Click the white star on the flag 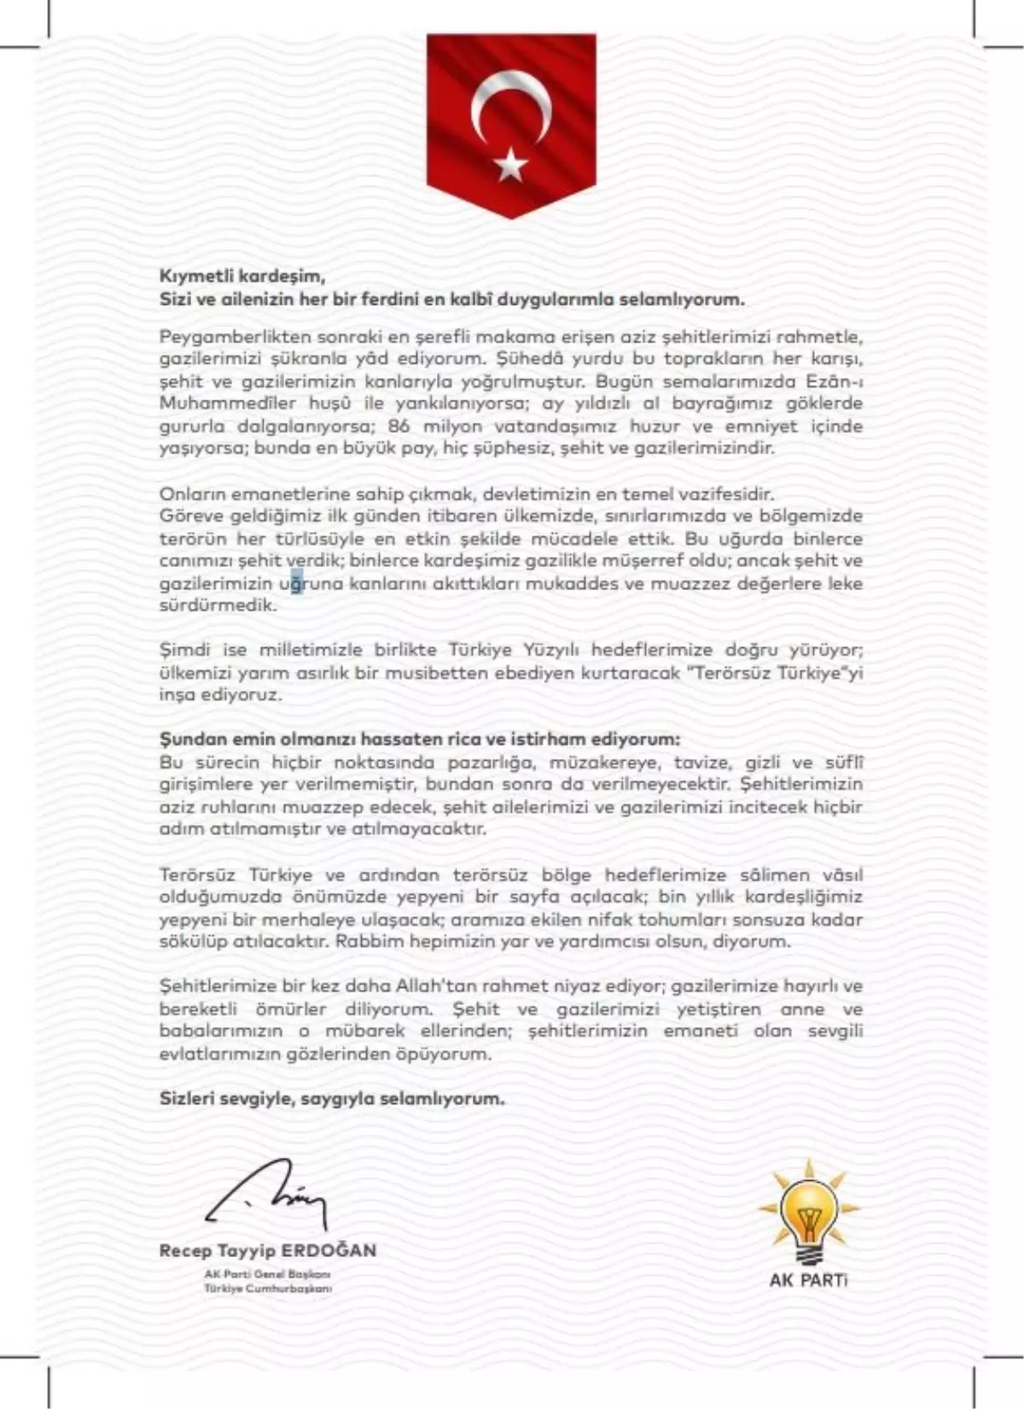(511, 164)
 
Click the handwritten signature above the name (267, 1196)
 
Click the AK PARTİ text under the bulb (808, 1280)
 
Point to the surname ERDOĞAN (329, 1251)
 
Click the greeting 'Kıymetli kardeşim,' (242, 277)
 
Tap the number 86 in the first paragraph (399, 425)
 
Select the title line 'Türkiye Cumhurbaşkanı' (268, 1288)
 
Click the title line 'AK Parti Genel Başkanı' (268, 1274)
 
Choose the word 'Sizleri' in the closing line (185, 1099)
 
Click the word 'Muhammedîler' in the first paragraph (216, 403)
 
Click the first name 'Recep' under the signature (185, 1251)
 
